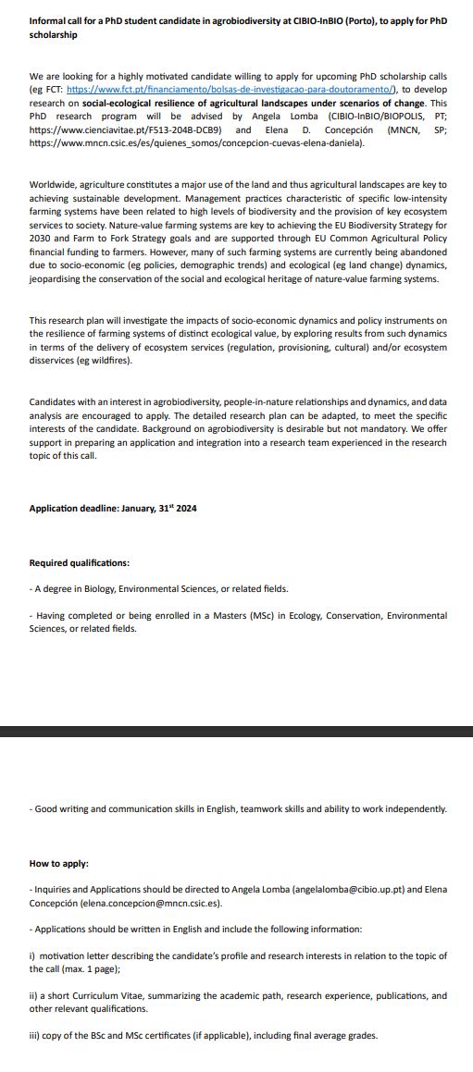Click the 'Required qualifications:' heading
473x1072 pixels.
80,562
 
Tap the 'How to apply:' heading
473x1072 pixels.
59,863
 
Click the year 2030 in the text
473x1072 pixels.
40,238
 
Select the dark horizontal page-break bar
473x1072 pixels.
236,732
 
